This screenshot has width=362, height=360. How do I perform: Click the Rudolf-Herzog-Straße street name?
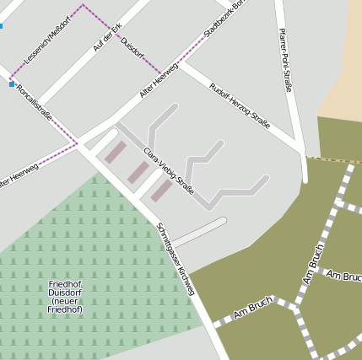(240, 105)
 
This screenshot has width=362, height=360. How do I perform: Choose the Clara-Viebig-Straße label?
(169, 170)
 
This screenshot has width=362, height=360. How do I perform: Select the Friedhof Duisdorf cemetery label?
(65, 291)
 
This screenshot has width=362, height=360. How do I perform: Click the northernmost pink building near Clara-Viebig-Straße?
(116, 153)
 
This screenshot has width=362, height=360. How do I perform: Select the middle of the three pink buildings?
(138, 172)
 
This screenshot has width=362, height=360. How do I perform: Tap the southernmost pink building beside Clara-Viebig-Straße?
(161, 191)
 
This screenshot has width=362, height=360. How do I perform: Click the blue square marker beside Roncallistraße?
(11, 84)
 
